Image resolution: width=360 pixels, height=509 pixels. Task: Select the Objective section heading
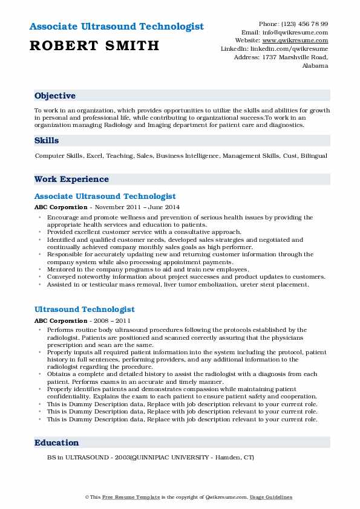(x=55, y=96)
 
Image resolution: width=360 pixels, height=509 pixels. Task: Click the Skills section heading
(x=47, y=141)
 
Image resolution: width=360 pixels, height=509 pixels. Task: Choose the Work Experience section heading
(x=71, y=180)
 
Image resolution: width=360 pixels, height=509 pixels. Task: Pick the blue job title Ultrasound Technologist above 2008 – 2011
(x=85, y=310)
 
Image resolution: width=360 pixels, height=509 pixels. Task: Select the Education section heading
(x=56, y=443)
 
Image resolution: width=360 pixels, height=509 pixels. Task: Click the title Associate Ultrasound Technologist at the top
(x=116, y=27)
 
